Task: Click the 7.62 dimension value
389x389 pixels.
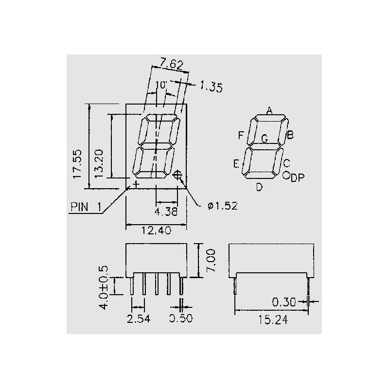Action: [171, 64]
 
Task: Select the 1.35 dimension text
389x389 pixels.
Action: [212, 87]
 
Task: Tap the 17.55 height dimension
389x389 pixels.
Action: [77, 163]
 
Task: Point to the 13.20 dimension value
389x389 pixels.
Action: [99, 163]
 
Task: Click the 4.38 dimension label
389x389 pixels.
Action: [166, 212]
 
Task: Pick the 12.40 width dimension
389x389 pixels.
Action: [156, 230]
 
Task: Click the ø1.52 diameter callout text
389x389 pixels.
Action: [223, 206]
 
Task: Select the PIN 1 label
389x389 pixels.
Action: [86, 207]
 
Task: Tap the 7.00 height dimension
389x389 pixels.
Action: [211, 261]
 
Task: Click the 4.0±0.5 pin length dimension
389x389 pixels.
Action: [104, 287]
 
